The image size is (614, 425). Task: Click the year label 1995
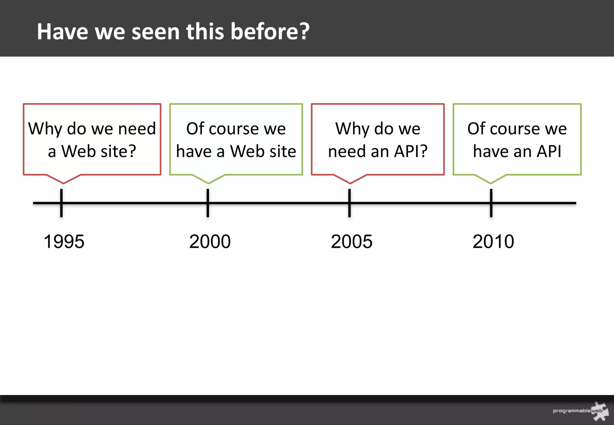[64, 242]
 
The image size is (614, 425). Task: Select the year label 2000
[210, 242]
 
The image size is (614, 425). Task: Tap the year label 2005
[352, 242]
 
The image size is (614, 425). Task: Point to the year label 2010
[493, 242]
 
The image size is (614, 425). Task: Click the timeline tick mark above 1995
[61, 203]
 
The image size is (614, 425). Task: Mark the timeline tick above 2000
[208, 203]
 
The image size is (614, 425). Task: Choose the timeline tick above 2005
[350, 203]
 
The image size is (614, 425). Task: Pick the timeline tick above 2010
[491, 203]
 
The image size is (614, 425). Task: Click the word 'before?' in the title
[270, 31]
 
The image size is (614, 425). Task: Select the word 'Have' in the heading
[62, 31]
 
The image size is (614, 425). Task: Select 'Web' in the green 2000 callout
[247, 151]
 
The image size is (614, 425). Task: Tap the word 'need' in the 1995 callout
[137, 129]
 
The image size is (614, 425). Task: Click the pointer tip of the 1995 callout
[64, 183]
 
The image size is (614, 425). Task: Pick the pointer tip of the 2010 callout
[490, 183]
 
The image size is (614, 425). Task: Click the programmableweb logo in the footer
[580, 411]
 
